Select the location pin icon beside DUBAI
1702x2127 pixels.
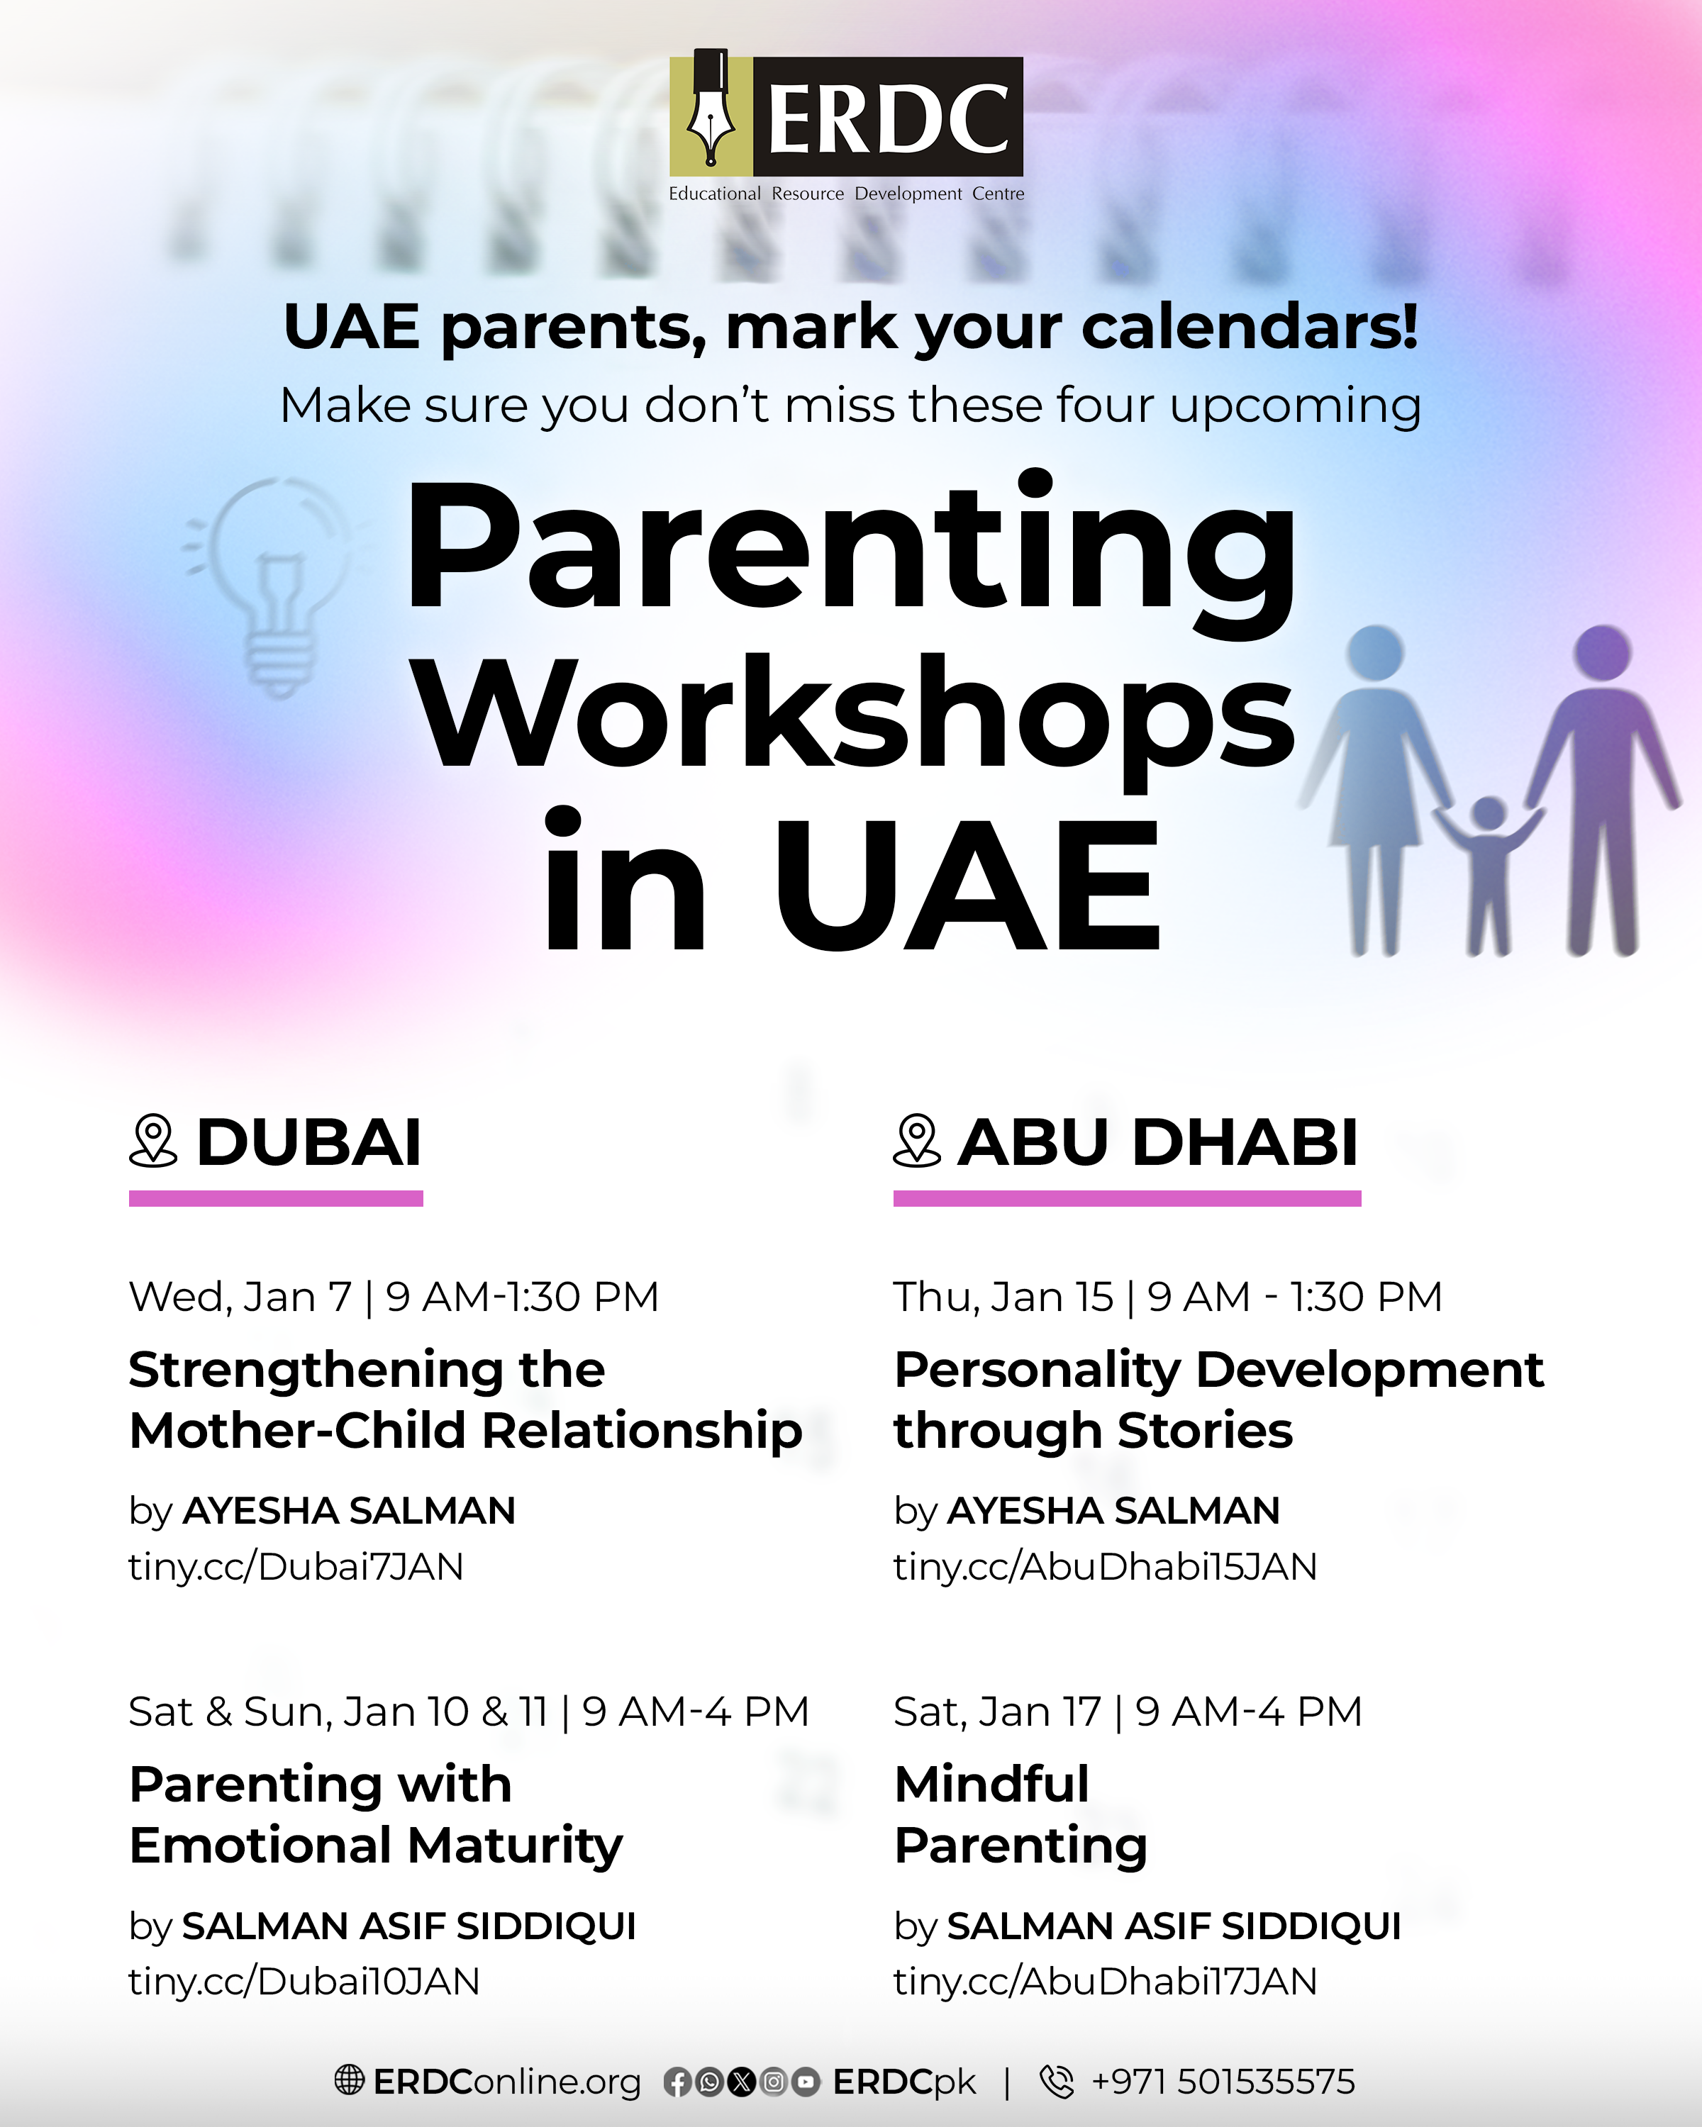(153, 1141)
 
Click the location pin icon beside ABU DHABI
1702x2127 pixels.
(917, 1141)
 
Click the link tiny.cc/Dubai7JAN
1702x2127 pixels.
(296, 1567)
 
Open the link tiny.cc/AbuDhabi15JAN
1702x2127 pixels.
(1105, 1567)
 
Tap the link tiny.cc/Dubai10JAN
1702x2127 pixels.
(304, 1981)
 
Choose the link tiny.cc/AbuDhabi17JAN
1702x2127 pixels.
(1105, 1981)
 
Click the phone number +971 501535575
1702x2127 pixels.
(1223, 2081)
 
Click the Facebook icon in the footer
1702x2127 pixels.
(677, 2082)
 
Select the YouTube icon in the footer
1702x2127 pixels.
(806, 2082)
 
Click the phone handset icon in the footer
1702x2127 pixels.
(1057, 2081)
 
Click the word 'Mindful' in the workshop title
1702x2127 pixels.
(991, 1784)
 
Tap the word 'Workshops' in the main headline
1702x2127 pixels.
(853, 713)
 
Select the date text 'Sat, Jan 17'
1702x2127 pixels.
(996, 1712)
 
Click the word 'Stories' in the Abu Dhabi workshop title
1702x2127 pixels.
(1205, 1431)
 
